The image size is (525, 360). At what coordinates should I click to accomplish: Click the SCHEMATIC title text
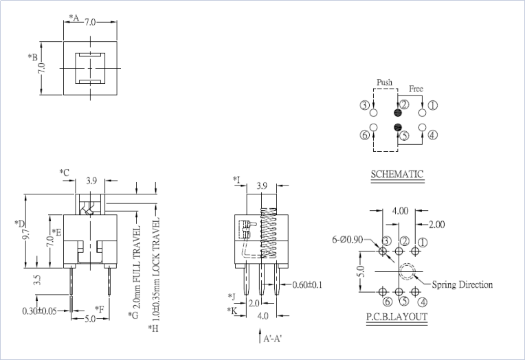[397, 175]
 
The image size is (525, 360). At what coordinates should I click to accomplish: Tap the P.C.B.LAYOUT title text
[396, 317]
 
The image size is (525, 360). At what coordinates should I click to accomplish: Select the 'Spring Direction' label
[462, 284]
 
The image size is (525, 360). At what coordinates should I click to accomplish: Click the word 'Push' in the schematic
[384, 82]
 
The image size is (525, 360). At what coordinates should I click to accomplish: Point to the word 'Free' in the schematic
[416, 89]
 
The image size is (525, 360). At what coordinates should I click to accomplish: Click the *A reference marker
[74, 18]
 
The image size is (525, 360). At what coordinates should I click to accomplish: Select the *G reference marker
[133, 315]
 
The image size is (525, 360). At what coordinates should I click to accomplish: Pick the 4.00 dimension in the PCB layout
[401, 211]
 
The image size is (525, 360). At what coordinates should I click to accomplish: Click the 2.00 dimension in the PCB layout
[436, 225]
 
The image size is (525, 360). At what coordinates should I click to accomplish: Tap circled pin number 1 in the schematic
[433, 105]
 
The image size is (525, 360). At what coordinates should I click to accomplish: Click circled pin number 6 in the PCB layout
[388, 301]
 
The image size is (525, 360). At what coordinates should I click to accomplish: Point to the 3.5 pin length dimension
[37, 281]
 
